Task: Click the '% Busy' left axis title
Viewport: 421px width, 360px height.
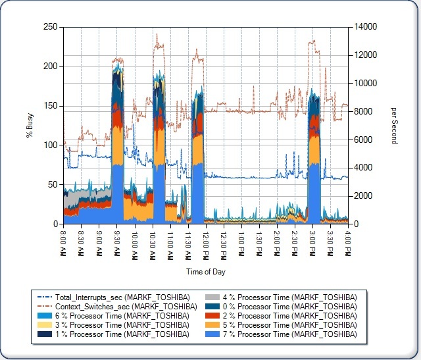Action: click(x=29, y=125)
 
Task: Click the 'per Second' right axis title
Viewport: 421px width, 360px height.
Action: click(x=394, y=125)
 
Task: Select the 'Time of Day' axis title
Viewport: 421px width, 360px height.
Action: click(x=205, y=271)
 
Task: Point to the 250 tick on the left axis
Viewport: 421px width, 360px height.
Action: click(x=49, y=27)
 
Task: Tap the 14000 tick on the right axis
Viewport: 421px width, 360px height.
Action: click(x=364, y=27)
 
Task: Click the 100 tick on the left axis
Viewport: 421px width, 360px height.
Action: click(x=49, y=145)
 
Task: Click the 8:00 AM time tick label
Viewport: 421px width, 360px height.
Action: click(x=64, y=242)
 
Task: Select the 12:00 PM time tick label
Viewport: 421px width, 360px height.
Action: click(x=206, y=242)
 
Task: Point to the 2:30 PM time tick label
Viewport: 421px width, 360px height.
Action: click(x=295, y=242)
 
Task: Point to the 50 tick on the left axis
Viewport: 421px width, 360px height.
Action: click(x=51, y=185)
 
